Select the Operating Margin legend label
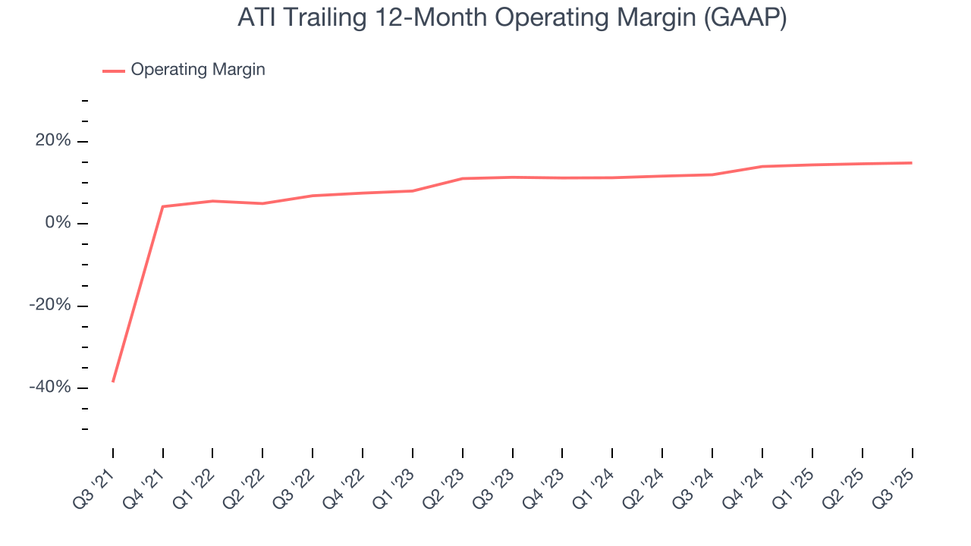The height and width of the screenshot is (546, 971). [x=198, y=70]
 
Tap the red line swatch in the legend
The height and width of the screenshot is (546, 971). [x=114, y=71]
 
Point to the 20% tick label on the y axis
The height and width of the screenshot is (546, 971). [x=52, y=141]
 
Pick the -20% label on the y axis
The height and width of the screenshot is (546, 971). [x=50, y=306]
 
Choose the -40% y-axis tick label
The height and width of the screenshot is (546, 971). [x=50, y=388]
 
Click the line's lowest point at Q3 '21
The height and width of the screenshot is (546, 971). [x=113, y=381]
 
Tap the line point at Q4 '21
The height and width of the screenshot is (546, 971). [x=163, y=206]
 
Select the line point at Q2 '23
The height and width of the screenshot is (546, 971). [x=463, y=178]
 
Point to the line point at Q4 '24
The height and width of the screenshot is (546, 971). [x=762, y=166]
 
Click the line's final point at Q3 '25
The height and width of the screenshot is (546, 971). [x=912, y=162]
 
